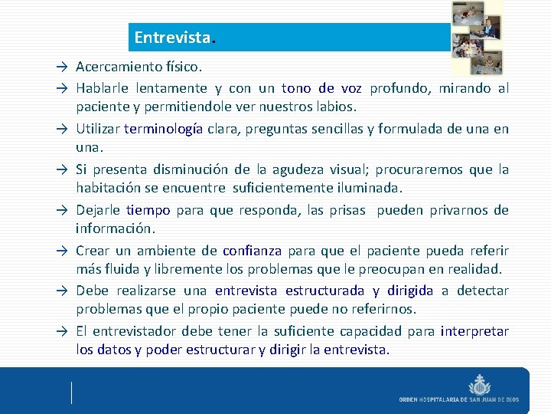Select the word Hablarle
[x=103, y=88]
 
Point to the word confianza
[x=252, y=251]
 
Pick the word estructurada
[x=326, y=291]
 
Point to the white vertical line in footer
[x=71, y=392]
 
